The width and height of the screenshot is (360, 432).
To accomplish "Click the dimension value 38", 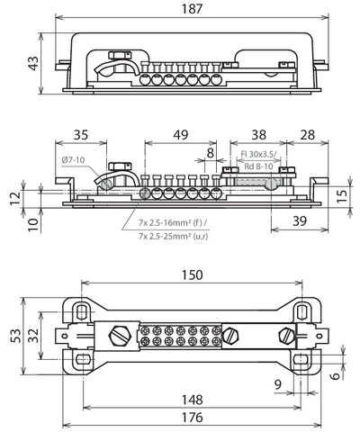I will point(257,137).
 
